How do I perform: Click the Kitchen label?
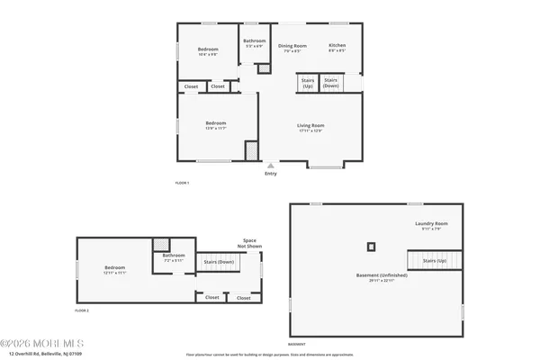pyautogui.click(x=337, y=45)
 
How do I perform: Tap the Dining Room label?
pyautogui.click(x=292, y=45)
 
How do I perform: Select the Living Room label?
pyautogui.click(x=310, y=125)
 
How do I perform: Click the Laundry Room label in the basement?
pyautogui.click(x=431, y=223)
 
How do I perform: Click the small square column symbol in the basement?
pyautogui.click(x=371, y=246)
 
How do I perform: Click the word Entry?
pyautogui.click(x=271, y=174)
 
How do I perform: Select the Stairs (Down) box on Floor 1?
pyautogui.click(x=331, y=82)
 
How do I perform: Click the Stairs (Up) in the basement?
pyautogui.click(x=436, y=260)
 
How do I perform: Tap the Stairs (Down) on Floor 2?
pyautogui.click(x=220, y=262)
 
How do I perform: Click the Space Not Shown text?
pyautogui.click(x=250, y=243)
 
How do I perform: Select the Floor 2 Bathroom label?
pyautogui.click(x=174, y=255)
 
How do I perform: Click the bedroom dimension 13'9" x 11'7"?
pyautogui.click(x=215, y=128)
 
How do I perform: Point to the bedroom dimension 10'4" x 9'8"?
pyautogui.click(x=208, y=53)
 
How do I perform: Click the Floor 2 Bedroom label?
pyautogui.click(x=114, y=267)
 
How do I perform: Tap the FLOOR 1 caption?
pyautogui.click(x=182, y=183)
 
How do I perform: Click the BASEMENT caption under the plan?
pyautogui.click(x=296, y=344)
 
